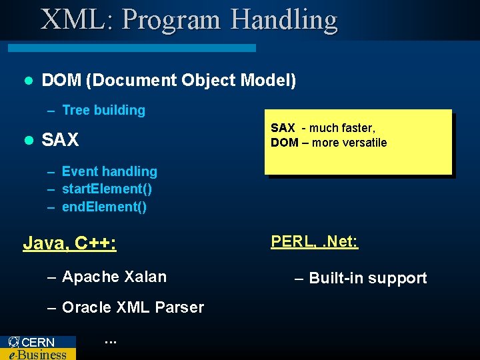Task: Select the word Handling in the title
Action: [x=284, y=20]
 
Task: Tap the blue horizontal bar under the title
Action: [x=131, y=48]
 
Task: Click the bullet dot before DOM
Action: [x=28, y=81]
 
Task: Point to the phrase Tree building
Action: [x=103, y=111]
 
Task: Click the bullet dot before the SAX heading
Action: [x=28, y=140]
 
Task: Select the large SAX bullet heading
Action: [x=60, y=140]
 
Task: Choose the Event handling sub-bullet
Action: [x=109, y=172]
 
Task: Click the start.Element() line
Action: [x=107, y=189]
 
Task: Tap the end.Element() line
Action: [x=104, y=207]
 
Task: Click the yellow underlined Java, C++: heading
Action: [x=70, y=243]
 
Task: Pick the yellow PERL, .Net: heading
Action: [x=314, y=241]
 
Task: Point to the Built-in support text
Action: [x=368, y=279]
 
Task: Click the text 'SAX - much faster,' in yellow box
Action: [x=323, y=128]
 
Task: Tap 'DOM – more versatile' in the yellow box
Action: [x=329, y=143]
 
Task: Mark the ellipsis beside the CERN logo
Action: [x=111, y=342]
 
